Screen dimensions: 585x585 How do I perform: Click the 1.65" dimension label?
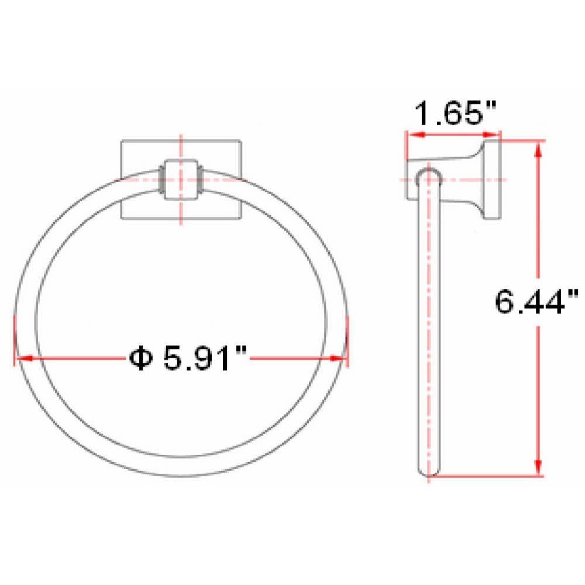(455, 115)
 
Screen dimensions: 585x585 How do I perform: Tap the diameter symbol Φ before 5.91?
(139, 358)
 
